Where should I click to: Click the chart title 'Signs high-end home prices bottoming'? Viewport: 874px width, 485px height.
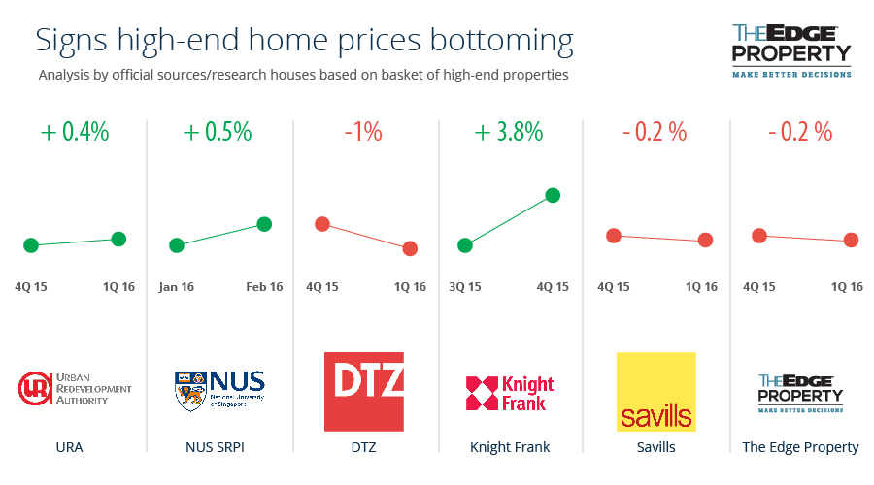click(304, 41)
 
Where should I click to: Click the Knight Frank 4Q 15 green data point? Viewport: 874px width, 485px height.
click(553, 195)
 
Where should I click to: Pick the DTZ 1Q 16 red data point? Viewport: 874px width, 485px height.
click(410, 248)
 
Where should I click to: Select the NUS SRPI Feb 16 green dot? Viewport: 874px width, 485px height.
click(263, 224)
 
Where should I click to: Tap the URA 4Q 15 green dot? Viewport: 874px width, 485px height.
click(30, 245)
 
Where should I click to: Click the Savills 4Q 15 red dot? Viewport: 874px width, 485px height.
click(613, 236)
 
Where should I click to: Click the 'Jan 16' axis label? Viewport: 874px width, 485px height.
click(176, 286)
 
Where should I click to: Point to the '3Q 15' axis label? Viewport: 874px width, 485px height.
click(466, 286)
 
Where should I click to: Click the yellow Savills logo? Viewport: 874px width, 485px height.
click(656, 392)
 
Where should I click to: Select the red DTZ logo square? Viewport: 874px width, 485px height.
click(363, 392)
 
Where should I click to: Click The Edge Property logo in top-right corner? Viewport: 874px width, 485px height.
click(790, 50)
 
